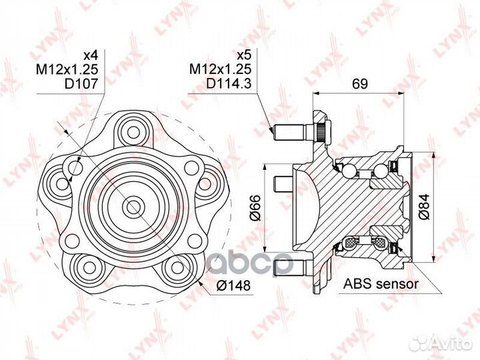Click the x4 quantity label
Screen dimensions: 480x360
91,55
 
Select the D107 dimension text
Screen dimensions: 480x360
81,83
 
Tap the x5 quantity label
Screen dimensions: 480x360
244,55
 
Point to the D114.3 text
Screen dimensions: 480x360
229,83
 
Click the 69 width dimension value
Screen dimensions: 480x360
360,83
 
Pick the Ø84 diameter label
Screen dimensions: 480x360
425,207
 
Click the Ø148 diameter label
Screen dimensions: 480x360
233,285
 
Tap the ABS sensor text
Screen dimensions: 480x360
381,284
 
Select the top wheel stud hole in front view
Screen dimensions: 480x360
133,133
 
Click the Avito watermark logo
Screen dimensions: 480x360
441,343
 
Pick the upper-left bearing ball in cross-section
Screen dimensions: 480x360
349,171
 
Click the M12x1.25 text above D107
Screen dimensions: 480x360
67,69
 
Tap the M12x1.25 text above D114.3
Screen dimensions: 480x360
221,69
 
